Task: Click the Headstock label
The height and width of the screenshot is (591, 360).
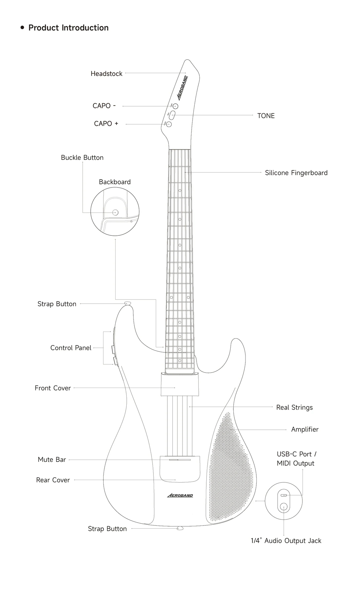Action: point(106,74)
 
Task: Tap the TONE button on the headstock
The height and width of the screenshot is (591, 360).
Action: point(172,115)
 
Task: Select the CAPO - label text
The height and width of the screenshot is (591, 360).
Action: point(104,106)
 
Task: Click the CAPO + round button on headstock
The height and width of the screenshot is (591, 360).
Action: point(168,124)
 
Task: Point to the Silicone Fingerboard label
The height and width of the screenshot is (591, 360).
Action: point(296,173)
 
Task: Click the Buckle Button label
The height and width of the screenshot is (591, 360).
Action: point(82,158)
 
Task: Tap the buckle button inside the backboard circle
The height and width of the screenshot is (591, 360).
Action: point(115,212)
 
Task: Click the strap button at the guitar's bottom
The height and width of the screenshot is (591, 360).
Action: point(180,528)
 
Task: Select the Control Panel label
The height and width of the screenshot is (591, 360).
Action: point(71,348)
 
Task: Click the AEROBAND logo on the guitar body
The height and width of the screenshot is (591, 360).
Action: point(180,496)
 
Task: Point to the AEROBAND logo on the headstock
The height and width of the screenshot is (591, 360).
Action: point(182,88)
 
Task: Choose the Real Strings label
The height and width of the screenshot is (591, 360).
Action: point(294,407)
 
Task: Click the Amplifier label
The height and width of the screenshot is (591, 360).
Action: point(305,429)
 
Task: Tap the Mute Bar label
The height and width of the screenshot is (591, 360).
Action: point(52,460)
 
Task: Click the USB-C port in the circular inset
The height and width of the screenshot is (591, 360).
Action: point(284,495)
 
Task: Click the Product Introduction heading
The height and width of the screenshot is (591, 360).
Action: point(68,28)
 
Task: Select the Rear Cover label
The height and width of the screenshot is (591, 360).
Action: point(53,480)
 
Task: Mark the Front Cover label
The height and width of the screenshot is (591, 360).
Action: point(53,388)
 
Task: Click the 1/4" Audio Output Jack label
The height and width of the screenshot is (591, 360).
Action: point(286,541)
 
